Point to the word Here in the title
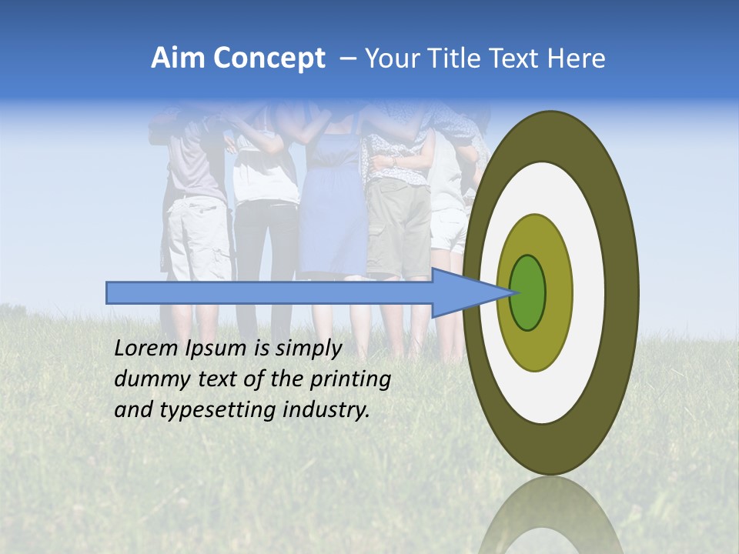click(575, 58)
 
